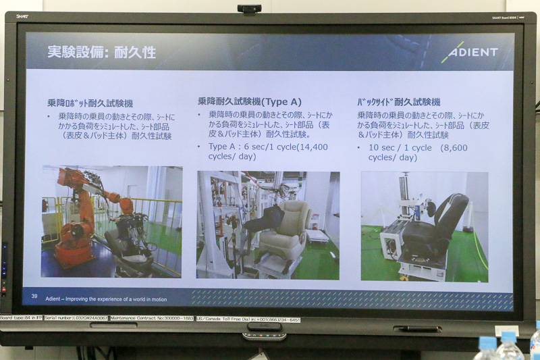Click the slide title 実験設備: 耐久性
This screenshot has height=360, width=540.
[101, 52]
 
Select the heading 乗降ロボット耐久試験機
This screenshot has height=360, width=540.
[90, 103]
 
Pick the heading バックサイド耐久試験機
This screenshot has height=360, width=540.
[398, 102]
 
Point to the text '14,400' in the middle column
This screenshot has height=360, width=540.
[312, 147]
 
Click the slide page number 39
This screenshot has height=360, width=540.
[34, 296]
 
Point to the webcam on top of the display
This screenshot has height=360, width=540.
[249, 9]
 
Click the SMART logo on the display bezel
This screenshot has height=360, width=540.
[22, 17]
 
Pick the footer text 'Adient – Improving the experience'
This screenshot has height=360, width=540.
[106, 299]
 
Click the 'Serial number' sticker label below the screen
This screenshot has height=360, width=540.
[73, 318]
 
